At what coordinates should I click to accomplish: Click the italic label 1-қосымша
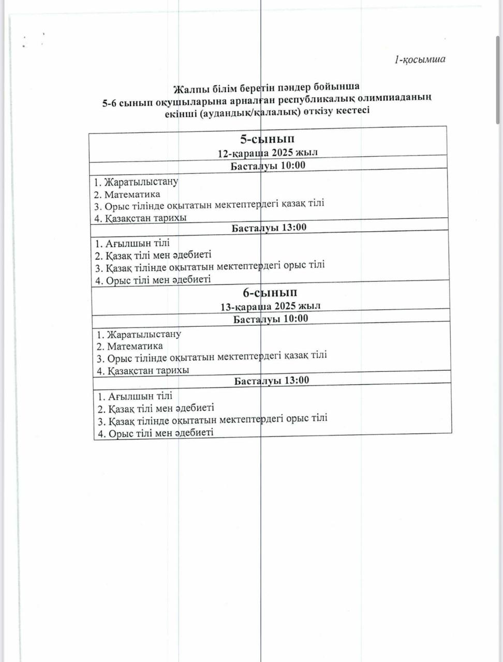pyautogui.click(x=420, y=59)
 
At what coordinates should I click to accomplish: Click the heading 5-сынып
pyautogui.click(x=267, y=139)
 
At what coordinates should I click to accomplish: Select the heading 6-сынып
pyautogui.click(x=270, y=293)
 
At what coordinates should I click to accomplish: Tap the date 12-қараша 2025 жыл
pyautogui.click(x=268, y=153)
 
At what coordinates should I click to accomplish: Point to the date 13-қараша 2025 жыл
pyautogui.click(x=270, y=306)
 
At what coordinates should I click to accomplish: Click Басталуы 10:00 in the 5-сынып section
pyautogui.click(x=268, y=165)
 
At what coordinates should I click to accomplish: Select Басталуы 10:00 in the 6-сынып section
pyautogui.click(x=271, y=319)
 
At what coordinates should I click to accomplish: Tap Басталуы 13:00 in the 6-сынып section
pyautogui.click(x=272, y=381)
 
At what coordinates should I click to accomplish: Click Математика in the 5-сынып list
pyautogui.click(x=132, y=194)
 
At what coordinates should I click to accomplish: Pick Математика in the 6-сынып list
pyautogui.click(x=135, y=346)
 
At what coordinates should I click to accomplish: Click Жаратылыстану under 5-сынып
pyautogui.click(x=141, y=182)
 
